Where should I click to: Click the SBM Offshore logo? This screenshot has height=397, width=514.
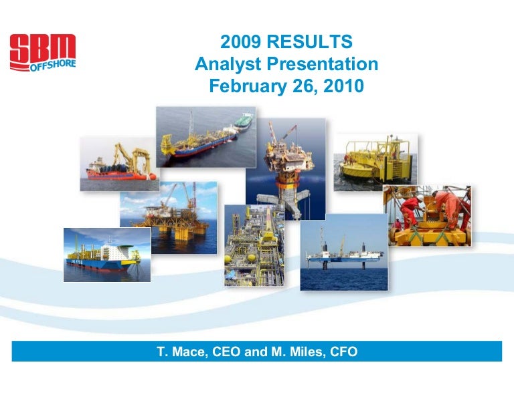[43, 52]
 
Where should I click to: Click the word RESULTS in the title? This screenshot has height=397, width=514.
[309, 41]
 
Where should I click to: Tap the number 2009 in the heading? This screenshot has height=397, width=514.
[241, 41]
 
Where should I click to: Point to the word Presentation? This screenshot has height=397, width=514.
[322, 63]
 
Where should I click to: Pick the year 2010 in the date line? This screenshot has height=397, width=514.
[343, 86]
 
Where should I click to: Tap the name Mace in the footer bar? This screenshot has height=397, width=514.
[190, 352]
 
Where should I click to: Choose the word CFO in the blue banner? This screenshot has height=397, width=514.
[343, 352]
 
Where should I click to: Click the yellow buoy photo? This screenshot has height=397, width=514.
[375, 162]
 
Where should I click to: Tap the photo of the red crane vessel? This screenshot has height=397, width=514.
[120, 164]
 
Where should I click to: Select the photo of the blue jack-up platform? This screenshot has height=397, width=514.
[344, 253]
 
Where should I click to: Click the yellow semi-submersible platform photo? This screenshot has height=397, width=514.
[169, 217]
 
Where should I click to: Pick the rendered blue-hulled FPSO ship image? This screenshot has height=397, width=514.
[107, 255]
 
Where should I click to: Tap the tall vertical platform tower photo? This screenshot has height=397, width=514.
[286, 169]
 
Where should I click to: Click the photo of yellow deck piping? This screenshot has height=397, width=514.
[254, 245]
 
